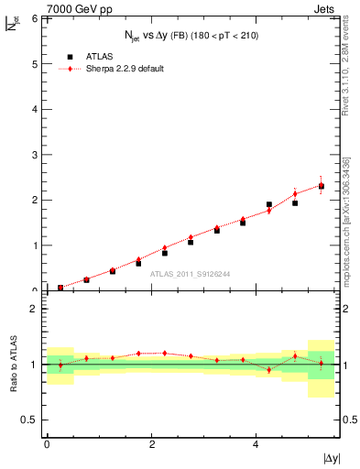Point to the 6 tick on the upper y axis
pos(37,18)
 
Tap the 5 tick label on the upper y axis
pos(37,63)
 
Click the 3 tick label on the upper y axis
pos(37,154)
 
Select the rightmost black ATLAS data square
pos(321,186)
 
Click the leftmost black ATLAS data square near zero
pos(60,288)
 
